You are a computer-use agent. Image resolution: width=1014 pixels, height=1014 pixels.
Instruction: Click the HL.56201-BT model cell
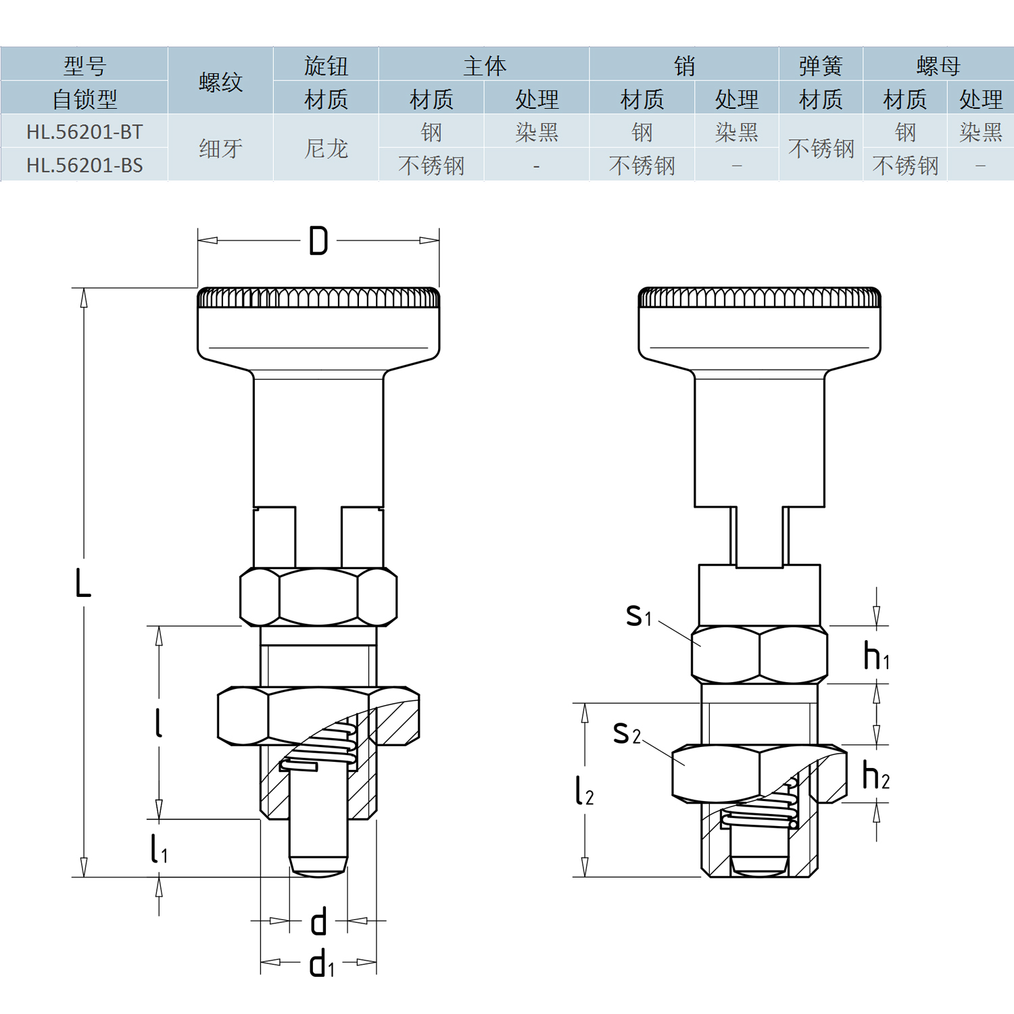click(84, 132)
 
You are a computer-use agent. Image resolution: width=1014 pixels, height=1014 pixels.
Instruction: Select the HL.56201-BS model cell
click(84, 165)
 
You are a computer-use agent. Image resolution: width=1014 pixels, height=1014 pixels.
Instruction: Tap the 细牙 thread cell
click(220, 149)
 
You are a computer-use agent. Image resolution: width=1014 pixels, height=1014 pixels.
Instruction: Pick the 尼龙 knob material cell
click(326, 149)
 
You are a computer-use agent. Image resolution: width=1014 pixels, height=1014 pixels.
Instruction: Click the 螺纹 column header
click(220, 82)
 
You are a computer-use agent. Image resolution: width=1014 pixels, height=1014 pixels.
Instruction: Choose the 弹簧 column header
click(821, 66)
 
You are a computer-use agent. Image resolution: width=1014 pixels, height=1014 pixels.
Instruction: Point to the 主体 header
click(484, 66)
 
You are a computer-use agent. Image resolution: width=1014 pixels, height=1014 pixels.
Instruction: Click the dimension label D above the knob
click(318, 241)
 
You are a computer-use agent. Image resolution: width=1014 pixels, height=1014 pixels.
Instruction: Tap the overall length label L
click(82, 583)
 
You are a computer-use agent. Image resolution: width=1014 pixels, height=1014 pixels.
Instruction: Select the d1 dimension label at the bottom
click(322, 963)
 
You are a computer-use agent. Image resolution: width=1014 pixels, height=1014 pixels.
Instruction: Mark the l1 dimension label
click(159, 849)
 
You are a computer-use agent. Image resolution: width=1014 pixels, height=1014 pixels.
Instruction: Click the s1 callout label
click(638, 616)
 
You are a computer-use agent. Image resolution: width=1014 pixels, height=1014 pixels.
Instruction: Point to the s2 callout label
click(626, 733)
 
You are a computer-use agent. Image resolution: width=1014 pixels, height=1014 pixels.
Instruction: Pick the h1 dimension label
click(876, 656)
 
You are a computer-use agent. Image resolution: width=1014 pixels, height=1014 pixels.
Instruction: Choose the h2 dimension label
click(876, 776)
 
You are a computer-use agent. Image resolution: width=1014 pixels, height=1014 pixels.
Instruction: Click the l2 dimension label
click(584, 791)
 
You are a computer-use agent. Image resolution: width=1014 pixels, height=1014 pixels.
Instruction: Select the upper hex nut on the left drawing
click(318, 597)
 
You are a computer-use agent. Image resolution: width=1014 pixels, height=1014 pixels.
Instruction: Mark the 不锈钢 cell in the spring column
click(821, 149)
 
